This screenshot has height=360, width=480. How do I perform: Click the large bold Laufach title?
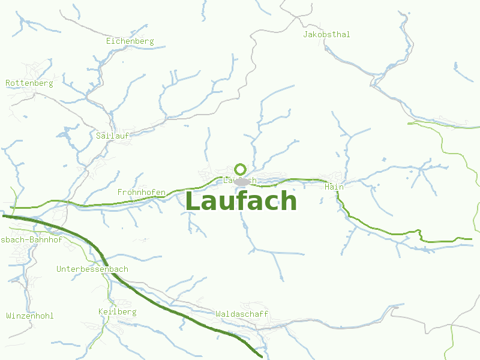click(241, 202)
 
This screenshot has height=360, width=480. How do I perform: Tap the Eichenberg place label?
click(130, 41)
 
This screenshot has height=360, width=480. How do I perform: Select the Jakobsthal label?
click(326, 34)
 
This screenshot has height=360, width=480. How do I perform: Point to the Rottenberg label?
click(29, 83)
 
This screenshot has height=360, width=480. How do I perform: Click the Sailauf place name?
click(113, 136)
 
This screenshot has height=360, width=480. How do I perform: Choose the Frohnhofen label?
click(142, 192)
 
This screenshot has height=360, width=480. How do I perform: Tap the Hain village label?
click(334, 187)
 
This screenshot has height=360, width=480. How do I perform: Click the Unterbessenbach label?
click(92, 269)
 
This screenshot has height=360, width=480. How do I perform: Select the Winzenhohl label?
click(30, 316)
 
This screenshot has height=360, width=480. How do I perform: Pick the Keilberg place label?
click(118, 312)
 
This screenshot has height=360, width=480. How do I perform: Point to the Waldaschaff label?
click(242, 314)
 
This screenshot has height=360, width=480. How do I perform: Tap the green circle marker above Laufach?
click(241, 169)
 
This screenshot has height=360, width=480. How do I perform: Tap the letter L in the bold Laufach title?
click(193, 202)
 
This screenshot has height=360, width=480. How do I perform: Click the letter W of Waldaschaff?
click(218, 314)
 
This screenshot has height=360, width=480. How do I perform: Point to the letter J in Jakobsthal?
click(305, 34)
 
